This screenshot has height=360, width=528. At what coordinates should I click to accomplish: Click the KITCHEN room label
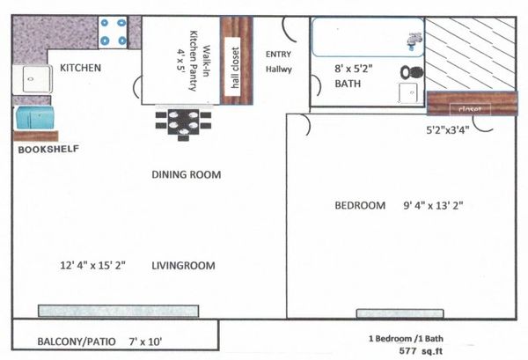point(80,68)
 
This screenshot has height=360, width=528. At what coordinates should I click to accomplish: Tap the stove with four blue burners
point(113,33)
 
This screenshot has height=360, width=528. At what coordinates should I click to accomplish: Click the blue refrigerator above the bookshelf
point(34,118)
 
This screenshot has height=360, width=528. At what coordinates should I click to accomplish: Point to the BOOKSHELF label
point(48,149)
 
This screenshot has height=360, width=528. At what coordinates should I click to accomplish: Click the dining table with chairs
point(183,122)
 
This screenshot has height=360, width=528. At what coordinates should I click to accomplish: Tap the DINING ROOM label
point(187,174)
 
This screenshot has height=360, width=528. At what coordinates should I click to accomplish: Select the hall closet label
point(235,68)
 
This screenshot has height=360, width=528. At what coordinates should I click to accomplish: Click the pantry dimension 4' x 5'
point(180,60)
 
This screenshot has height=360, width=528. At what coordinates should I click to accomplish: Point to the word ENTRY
point(278,55)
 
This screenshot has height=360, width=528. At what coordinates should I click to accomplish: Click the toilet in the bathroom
point(412,72)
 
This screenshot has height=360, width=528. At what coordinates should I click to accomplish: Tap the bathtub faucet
point(415,40)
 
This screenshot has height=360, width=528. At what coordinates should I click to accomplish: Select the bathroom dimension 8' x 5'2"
point(354,69)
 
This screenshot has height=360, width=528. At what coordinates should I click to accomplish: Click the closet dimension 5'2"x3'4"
point(448,129)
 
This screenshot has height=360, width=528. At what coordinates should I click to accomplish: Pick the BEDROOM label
point(360,205)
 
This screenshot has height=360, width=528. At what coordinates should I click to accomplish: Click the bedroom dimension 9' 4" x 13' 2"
point(433,205)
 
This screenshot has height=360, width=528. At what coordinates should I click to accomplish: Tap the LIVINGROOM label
point(183,265)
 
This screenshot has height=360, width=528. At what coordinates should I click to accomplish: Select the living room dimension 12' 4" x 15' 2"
point(93,265)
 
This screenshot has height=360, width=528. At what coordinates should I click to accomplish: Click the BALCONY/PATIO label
point(77,342)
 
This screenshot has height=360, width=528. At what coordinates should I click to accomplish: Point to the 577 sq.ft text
point(421,351)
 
